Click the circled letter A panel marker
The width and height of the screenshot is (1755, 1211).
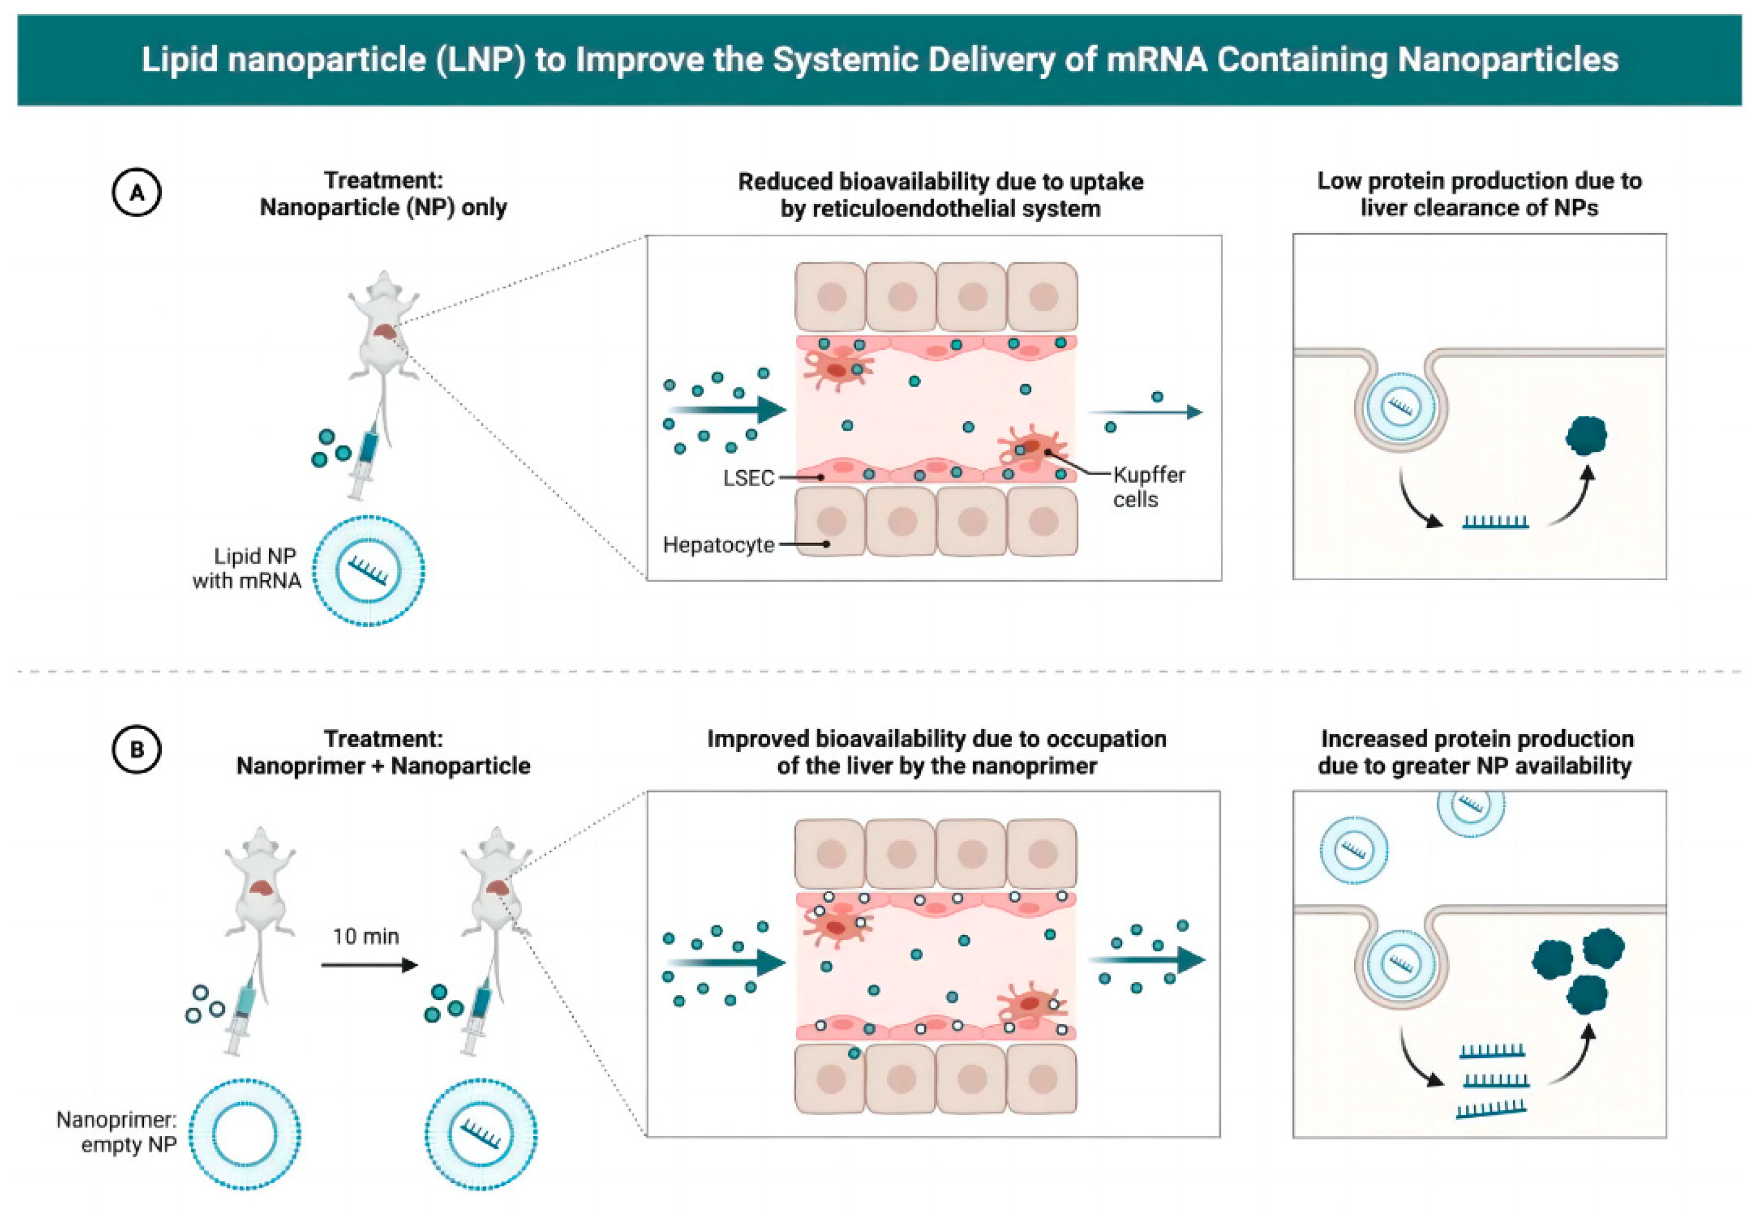point(137,193)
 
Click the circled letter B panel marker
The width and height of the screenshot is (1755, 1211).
point(137,749)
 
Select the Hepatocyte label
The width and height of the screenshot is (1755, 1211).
point(718,545)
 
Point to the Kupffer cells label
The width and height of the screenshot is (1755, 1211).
point(1148,487)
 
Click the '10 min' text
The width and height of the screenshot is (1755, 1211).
point(366,936)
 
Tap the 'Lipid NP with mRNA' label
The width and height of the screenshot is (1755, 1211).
point(247,568)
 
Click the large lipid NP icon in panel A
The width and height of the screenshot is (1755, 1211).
point(369,570)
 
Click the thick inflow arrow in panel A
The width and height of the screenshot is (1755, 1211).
point(727,410)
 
